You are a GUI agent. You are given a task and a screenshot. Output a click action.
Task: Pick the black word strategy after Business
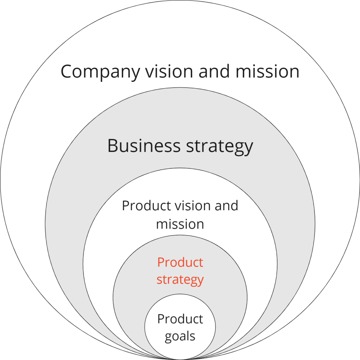(x=220, y=146)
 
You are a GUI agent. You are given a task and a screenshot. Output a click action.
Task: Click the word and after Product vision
(x=227, y=206)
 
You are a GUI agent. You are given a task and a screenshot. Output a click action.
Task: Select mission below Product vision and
(x=180, y=224)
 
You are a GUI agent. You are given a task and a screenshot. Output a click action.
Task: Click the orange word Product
(x=180, y=262)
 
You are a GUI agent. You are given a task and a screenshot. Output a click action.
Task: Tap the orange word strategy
(x=180, y=280)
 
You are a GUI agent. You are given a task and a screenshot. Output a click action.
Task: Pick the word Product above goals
(x=180, y=319)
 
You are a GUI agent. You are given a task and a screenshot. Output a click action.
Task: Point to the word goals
(x=180, y=336)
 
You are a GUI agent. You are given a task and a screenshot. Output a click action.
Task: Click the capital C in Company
(x=67, y=71)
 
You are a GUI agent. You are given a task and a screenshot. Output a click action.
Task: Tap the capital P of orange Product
(x=160, y=262)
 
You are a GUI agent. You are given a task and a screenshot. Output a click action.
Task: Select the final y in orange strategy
(x=200, y=281)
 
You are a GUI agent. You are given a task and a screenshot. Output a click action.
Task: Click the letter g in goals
(x=168, y=337)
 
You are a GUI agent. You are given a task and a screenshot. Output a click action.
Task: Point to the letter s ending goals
(x=192, y=336)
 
